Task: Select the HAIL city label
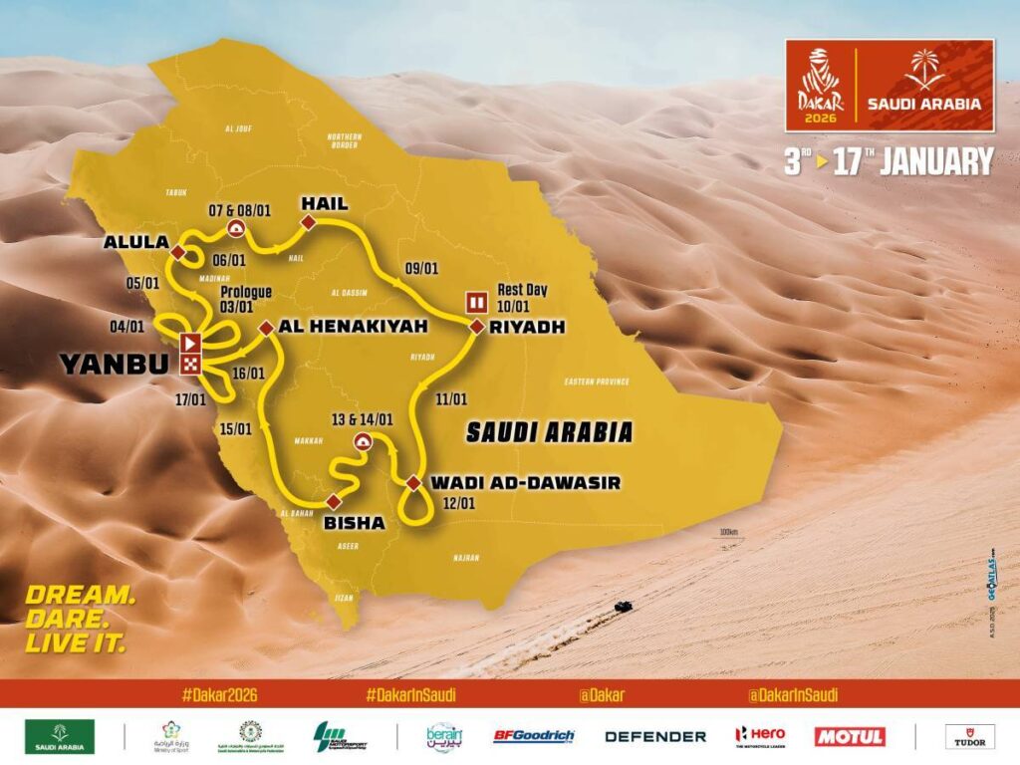(324, 203)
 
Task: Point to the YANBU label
(117, 365)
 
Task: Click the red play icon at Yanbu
(189, 344)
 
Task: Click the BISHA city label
(355, 522)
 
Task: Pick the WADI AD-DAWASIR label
(525, 483)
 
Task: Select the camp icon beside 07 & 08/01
(236, 228)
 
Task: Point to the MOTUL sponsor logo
(850, 736)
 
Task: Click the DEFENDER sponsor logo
(655, 737)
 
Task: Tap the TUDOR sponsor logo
(969, 736)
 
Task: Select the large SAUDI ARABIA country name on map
(549, 432)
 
